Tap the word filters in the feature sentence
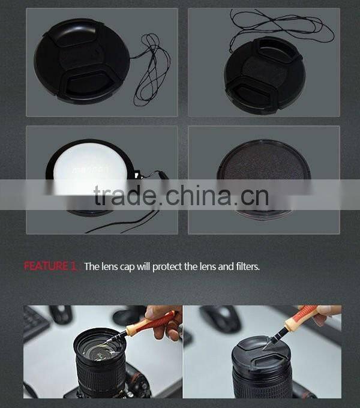click(246, 266)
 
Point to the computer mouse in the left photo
click(60, 314)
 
